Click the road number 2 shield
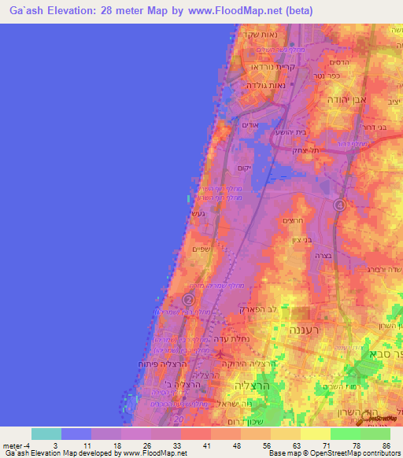pos(189,300)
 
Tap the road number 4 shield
pos(339,205)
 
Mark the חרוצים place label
pos(290,223)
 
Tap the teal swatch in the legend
pos(46,434)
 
